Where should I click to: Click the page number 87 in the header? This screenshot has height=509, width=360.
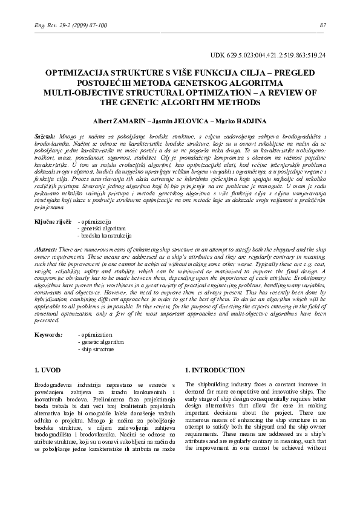tap(322, 25)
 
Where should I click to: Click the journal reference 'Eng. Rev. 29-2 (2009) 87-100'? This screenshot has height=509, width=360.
tap(63, 25)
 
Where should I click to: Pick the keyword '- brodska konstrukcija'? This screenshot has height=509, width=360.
tap(105, 236)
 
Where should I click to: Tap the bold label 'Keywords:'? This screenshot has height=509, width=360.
tap(48, 334)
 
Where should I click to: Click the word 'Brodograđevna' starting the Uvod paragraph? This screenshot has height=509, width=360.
tap(55, 384)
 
